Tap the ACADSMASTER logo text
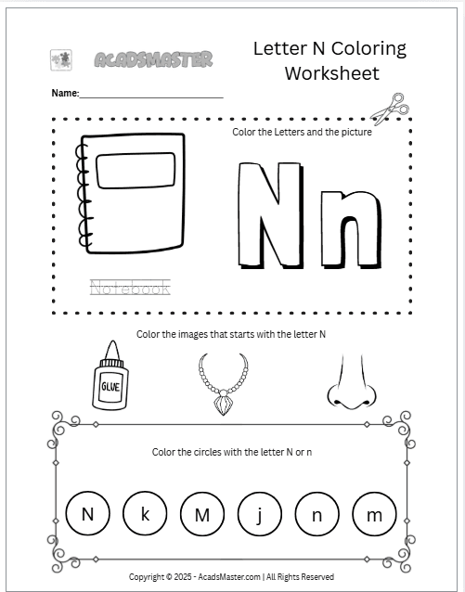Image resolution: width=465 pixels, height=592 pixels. (153, 60)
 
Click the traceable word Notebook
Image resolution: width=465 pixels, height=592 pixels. (130, 288)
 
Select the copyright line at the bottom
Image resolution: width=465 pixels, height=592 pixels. (232, 576)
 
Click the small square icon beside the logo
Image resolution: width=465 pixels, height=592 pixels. (60, 60)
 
